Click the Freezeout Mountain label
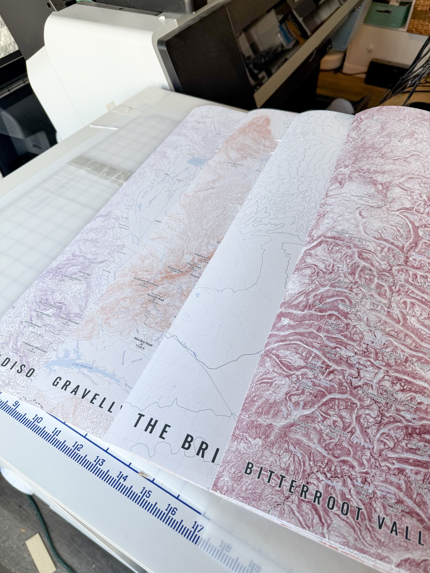[35, 349]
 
